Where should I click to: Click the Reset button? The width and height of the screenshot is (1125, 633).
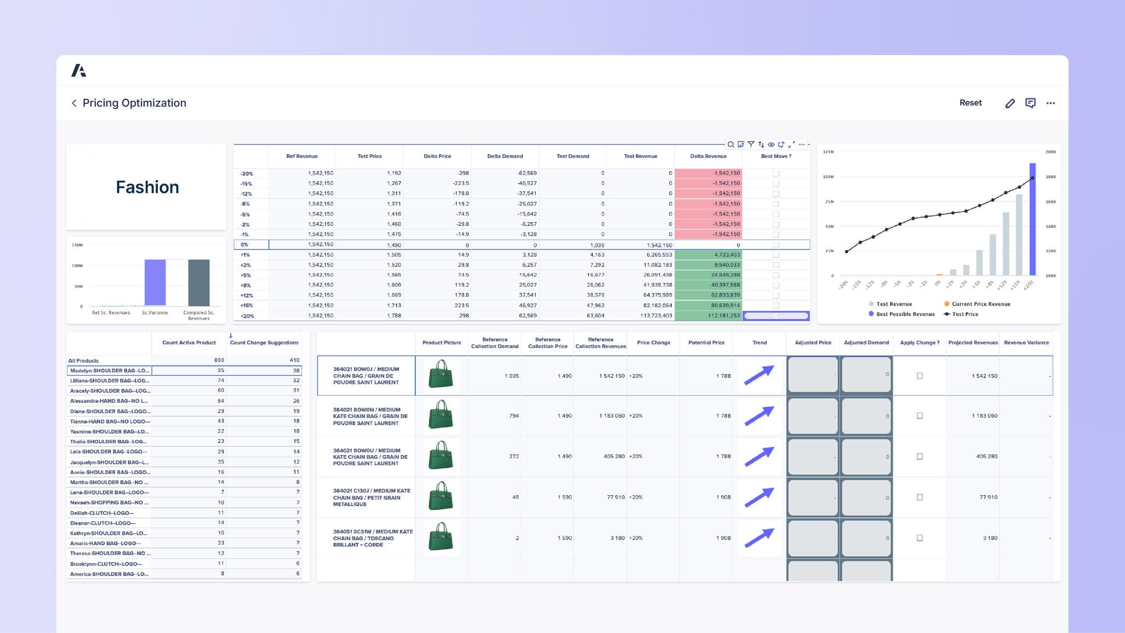[970, 103]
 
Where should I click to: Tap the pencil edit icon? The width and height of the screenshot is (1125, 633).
[1010, 103]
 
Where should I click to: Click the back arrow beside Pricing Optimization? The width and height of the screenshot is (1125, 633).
[74, 103]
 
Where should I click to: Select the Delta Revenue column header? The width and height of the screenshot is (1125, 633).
[708, 156]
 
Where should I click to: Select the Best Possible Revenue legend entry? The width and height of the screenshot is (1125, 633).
[905, 314]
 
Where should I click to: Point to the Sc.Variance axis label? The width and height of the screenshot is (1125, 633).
[155, 313]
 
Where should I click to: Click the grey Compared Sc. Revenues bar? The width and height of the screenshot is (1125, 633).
[198, 282]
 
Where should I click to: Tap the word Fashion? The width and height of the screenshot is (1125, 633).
[147, 187]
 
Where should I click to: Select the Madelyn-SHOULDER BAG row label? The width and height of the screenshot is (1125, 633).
[109, 371]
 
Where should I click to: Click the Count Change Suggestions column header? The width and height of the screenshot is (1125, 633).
[264, 343]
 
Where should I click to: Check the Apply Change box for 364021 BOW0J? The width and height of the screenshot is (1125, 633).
[920, 376]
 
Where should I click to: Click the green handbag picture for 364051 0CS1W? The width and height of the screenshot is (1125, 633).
[441, 538]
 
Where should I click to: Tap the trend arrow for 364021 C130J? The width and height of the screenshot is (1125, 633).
[759, 497]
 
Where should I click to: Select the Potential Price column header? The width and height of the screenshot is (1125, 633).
[706, 343]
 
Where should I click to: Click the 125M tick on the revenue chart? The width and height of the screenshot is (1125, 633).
[828, 152]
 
